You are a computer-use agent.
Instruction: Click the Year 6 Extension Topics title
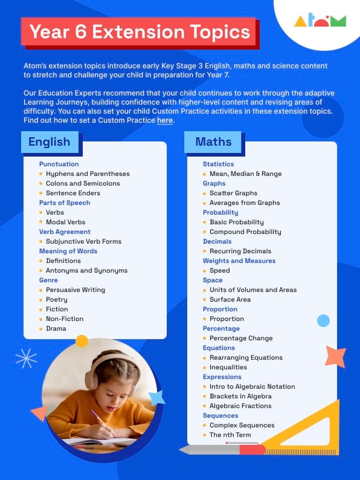coord(140,31)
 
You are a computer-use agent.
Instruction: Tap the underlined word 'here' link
coord(164,120)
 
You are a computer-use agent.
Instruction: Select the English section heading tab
coord(49,143)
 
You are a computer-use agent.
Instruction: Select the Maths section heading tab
coord(213,142)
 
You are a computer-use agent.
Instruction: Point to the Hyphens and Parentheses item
coord(88,174)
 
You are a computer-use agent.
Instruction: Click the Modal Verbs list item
coord(65,222)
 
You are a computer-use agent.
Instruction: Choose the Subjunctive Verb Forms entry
coord(83,241)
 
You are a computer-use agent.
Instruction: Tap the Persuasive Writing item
coord(76,290)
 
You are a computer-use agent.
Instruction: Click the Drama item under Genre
coord(56,328)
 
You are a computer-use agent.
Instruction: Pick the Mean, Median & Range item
coord(245,174)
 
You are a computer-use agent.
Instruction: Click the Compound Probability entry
coord(245,232)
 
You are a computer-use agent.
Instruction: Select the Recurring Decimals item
coord(240,251)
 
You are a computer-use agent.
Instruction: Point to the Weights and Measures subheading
coord(239,261)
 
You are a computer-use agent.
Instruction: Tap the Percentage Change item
coord(241,338)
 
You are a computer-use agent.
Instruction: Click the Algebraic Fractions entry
coord(240,406)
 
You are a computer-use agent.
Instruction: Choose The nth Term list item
coord(230,435)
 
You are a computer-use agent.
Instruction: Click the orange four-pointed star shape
coord(335,357)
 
